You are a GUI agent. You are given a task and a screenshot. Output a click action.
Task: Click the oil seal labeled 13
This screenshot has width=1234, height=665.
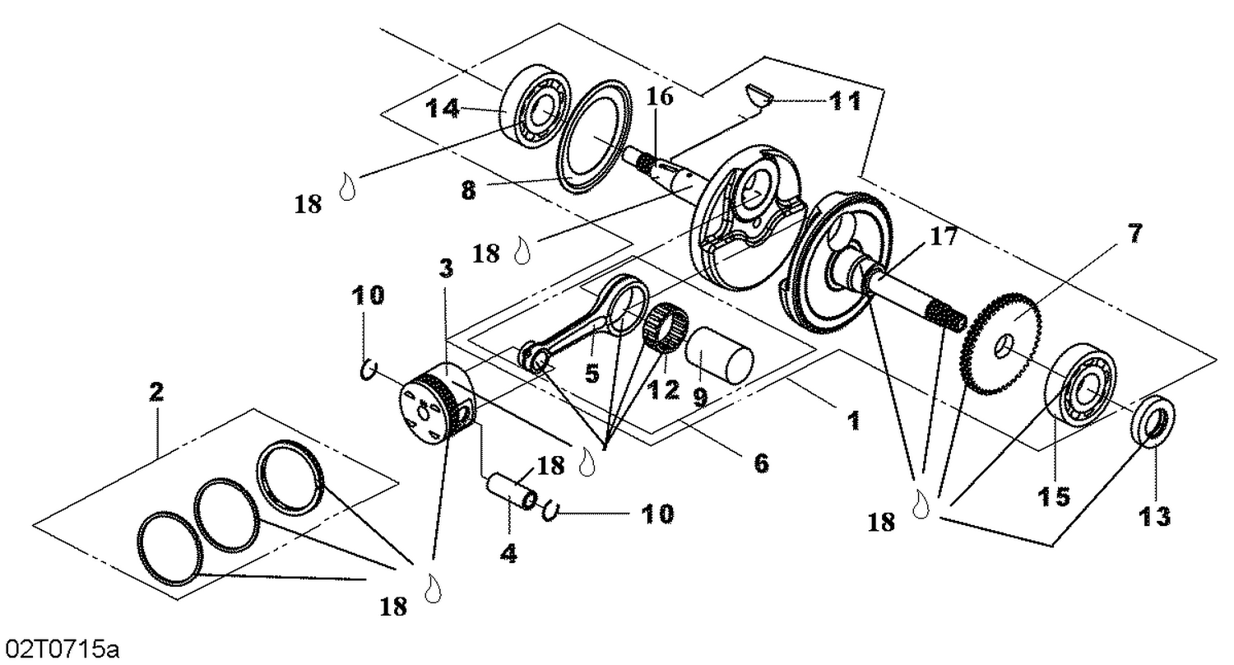(1152, 421)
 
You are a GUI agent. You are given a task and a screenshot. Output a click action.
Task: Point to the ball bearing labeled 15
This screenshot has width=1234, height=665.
(1081, 385)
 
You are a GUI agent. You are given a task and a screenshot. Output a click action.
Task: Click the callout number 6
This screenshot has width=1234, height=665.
(759, 464)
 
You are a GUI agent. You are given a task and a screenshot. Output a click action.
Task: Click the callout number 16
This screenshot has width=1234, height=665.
(659, 97)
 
